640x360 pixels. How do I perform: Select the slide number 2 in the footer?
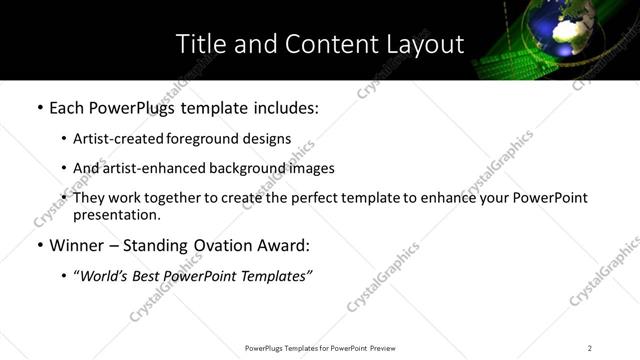tap(590, 348)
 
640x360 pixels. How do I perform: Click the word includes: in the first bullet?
tap(284, 108)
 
